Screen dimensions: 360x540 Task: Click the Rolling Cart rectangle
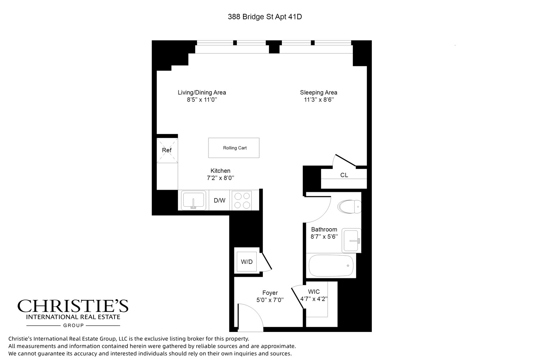point(234,148)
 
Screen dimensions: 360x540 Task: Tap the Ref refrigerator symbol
point(167,150)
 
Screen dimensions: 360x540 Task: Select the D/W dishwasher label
point(220,201)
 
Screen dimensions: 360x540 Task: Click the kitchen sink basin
point(194,200)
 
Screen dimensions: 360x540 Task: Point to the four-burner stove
point(242,201)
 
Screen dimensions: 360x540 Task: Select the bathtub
point(331,266)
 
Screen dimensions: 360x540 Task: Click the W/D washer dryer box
point(247,262)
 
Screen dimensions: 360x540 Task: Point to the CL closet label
point(344,175)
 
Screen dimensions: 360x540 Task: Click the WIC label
point(314,292)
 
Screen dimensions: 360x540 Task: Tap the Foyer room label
point(270,293)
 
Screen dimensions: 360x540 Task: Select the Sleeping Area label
point(319,93)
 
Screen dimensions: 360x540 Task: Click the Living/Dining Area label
point(202,93)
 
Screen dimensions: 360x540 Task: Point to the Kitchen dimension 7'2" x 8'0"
point(220,178)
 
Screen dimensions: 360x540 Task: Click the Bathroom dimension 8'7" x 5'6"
point(324,237)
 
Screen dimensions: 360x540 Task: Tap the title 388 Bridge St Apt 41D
point(265,17)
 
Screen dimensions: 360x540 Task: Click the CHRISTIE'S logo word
point(73,306)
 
